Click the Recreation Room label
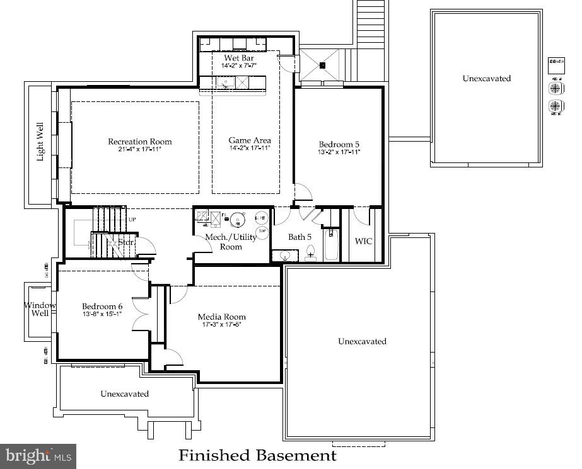(139, 142)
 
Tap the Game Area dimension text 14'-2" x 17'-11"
(250, 149)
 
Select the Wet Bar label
(239, 58)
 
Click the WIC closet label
(363, 241)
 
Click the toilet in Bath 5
(311, 254)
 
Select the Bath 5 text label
(300, 237)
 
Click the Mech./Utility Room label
(231, 242)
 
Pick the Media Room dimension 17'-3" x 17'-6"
(221, 325)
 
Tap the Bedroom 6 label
(102, 307)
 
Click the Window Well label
(40, 309)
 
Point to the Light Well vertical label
(40, 142)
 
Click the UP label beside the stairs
(132, 219)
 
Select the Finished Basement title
(257, 455)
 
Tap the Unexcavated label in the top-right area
(486, 79)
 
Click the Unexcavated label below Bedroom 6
(125, 393)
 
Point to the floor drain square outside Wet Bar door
(322, 65)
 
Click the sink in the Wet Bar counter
(225, 81)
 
